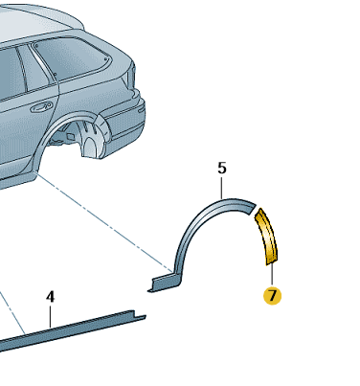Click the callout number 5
[x=222, y=168]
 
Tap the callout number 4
[x=50, y=297]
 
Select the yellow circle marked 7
[x=272, y=296]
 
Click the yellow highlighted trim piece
[x=266, y=236]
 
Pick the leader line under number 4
[x=50, y=315]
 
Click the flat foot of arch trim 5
[x=165, y=283]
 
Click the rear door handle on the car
[x=41, y=106]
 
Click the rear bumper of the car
[x=126, y=119]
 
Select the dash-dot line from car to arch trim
[x=105, y=222]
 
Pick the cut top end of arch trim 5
[x=252, y=208]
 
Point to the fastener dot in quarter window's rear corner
[x=105, y=58]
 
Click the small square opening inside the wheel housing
[x=71, y=137]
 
